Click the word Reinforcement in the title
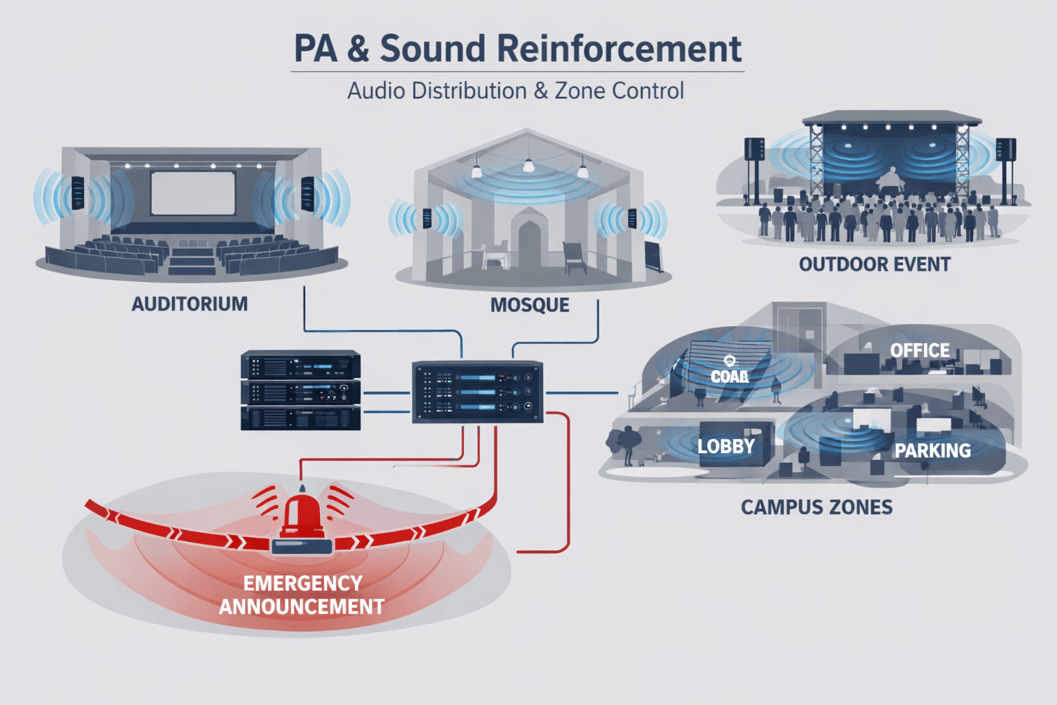coord(619,49)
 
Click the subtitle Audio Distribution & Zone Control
coord(515,91)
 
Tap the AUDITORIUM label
coord(189,304)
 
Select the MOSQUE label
coord(529,305)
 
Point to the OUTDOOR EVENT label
coord(874,264)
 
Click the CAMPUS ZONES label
coord(816,507)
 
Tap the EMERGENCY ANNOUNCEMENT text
coord(301,595)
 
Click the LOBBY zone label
coord(726,446)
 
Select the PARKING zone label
coord(932,451)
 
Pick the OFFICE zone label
coord(919,350)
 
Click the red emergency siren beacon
coord(302,516)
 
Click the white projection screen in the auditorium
coord(193,193)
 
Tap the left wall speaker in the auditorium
coord(78,193)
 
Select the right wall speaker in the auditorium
coord(307,193)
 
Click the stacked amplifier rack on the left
coord(301,390)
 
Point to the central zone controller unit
coord(478,392)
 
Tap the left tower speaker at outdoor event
coord(755,150)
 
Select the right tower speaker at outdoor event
coord(1005,150)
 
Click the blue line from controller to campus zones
coord(581,393)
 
